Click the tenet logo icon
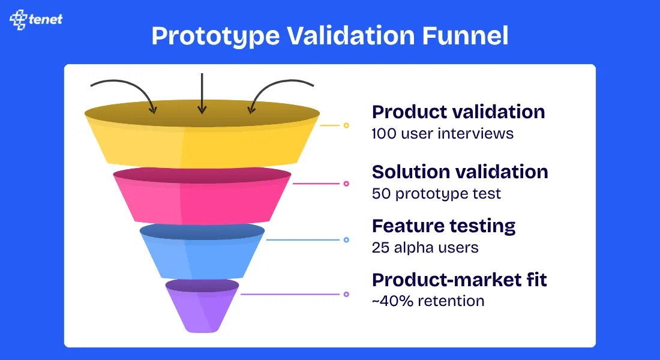18,19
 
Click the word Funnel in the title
465,35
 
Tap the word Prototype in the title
215,37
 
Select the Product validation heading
458,112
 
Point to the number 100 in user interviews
384,133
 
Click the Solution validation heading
460,172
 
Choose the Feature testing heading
443,226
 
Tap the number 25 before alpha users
380,248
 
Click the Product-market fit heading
459,280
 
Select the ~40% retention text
428,301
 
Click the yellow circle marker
346,125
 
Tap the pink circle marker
346,184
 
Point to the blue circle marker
346,240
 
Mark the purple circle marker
346,295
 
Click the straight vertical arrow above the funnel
202,94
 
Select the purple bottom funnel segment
202,305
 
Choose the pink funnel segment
202,196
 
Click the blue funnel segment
202,251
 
